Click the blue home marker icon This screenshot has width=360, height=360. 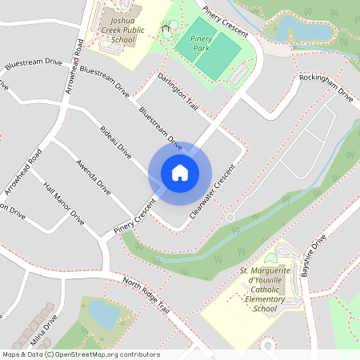[180, 173]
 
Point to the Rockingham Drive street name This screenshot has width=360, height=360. [326, 87]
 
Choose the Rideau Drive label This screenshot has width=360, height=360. [116, 140]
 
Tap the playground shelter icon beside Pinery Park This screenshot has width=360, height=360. [166, 30]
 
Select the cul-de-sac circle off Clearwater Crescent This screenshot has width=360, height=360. [230, 218]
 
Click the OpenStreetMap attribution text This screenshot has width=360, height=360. [81, 354]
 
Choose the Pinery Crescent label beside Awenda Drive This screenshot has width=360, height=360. [133, 221]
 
